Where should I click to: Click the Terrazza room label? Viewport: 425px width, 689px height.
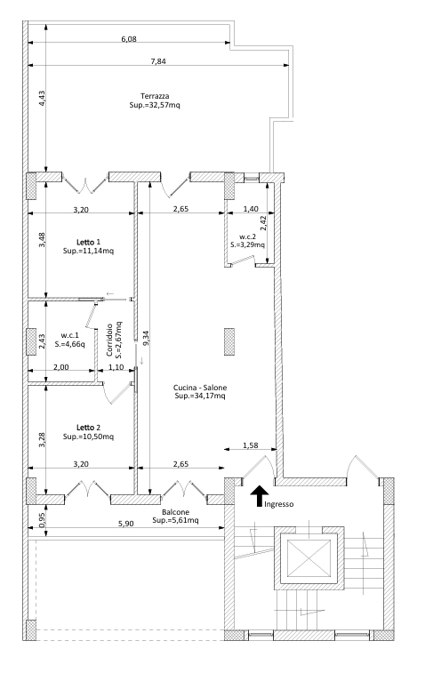point(155,96)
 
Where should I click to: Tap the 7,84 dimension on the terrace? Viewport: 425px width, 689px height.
point(158,61)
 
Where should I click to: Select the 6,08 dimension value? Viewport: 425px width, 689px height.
point(129,38)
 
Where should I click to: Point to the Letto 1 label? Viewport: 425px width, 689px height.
point(88,242)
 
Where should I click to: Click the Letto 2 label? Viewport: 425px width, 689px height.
point(88,427)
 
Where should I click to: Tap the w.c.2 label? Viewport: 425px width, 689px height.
point(248,236)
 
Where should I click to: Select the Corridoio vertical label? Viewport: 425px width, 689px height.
point(109,340)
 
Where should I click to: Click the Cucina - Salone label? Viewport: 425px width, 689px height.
point(200,387)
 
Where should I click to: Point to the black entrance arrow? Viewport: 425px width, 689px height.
point(260,496)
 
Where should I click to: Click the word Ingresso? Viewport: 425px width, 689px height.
point(278,504)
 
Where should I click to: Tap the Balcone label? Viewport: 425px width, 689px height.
point(175,512)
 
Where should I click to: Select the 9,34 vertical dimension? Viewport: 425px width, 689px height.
point(146,338)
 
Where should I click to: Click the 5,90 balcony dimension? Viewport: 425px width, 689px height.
point(127,524)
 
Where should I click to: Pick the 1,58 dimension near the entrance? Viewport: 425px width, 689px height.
point(251,445)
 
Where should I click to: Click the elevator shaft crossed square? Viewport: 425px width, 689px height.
point(309,557)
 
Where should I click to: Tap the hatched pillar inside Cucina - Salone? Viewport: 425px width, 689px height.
point(229,341)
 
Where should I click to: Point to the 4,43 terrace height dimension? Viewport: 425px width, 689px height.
point(42,98)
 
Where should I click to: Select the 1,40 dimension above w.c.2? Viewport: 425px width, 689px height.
point(251,209)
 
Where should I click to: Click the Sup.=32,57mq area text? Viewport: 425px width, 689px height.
point(155,106)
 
